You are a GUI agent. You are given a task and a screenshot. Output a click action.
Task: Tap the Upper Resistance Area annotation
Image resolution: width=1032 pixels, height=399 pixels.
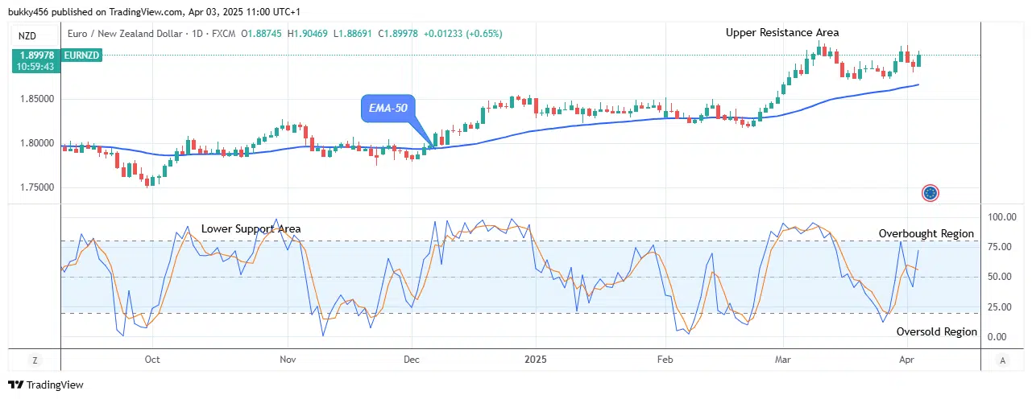click(x=781, y=33)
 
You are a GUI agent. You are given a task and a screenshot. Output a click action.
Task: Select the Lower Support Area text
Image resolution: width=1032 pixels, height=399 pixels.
click(x=251, y=229)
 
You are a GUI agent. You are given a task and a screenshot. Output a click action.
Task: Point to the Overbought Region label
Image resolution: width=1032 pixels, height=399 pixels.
click(x=926, y=234)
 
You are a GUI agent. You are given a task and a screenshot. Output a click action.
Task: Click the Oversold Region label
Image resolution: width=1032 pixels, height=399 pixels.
click(x=936, y=331)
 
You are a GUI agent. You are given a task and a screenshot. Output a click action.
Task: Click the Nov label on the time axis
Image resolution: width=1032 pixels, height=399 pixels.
click(x=287, y=360)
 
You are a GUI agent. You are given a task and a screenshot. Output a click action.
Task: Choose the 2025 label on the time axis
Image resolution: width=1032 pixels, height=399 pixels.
click(x=535, y=360)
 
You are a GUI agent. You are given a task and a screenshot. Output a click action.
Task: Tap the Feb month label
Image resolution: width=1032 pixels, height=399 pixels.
click(x=665, y=360)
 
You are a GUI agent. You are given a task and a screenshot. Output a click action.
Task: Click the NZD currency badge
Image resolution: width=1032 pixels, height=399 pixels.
click(x=27, y=36)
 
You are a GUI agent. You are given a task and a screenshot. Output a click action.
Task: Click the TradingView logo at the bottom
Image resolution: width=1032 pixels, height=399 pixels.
click(x=46, y=385)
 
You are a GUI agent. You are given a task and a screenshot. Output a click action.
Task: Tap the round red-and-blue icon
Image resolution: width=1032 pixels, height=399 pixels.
click(x=930, y=193)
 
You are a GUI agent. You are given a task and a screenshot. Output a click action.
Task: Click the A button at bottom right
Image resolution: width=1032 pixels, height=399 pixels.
click(x=1001, y=360)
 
